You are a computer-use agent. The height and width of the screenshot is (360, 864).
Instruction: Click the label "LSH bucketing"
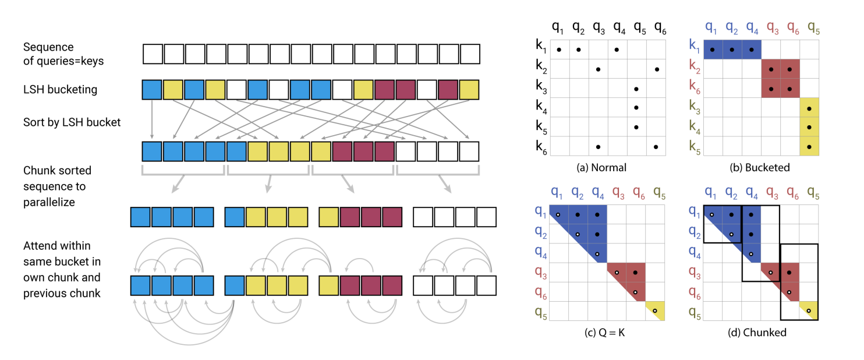(x=60, y=90)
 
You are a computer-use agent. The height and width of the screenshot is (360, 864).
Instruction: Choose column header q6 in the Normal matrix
(x=660, y=26)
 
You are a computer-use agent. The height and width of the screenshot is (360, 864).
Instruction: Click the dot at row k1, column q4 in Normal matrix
(x=617, y=50)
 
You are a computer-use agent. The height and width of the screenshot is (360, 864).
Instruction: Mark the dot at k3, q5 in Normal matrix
(x=636, y=89)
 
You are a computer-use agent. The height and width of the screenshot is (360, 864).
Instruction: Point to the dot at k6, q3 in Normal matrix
(x=598, y=147)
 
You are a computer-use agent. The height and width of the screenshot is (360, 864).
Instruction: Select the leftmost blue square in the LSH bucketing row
(x=152, y=90)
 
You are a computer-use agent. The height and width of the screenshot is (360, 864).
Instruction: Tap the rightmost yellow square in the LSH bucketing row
(x=469, y=90)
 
